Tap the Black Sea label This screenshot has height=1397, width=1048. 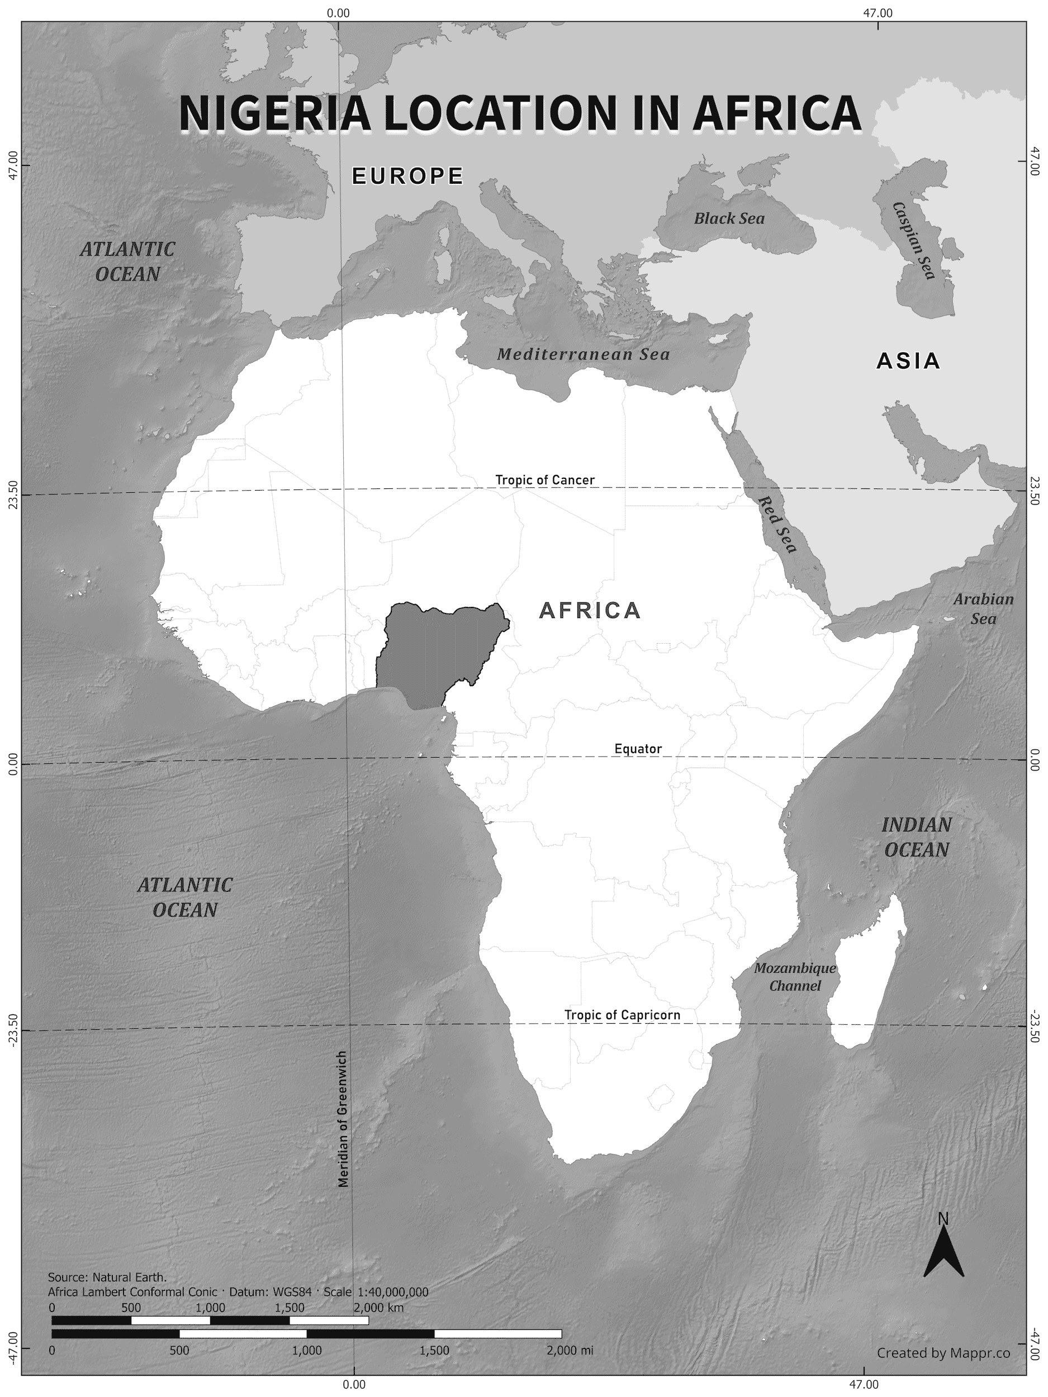729,218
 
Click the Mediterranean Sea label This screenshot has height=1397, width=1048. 583,354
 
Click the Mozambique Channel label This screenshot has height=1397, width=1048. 795,976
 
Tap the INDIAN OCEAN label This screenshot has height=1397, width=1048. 916,837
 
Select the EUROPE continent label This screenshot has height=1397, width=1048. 407,175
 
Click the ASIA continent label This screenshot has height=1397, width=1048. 908,361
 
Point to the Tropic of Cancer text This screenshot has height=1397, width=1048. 544,480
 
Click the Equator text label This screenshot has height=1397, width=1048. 638,749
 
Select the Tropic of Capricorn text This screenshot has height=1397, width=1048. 622,1015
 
